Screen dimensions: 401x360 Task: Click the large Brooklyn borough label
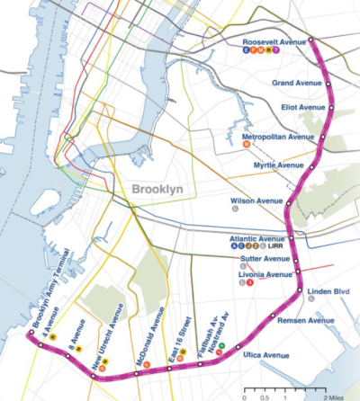(x=156, y=190)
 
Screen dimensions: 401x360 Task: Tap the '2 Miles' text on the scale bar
(x=337, y=395)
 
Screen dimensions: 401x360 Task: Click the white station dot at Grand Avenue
(x=330, y=85)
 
